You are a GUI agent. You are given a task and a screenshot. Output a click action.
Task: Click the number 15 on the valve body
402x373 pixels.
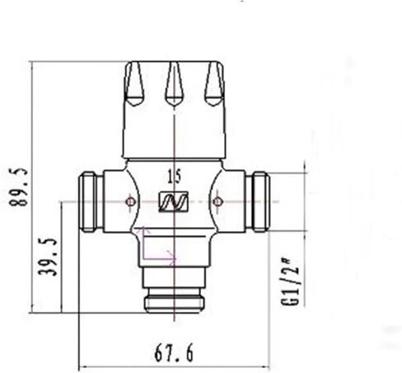(x=174, y=176)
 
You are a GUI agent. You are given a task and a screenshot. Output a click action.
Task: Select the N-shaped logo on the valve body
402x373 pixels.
(x=174, y=201)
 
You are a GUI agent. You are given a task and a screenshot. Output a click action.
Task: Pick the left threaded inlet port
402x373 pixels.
(x=90, y=201)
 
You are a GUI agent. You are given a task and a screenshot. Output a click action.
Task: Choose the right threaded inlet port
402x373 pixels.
(x=259, y=201)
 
